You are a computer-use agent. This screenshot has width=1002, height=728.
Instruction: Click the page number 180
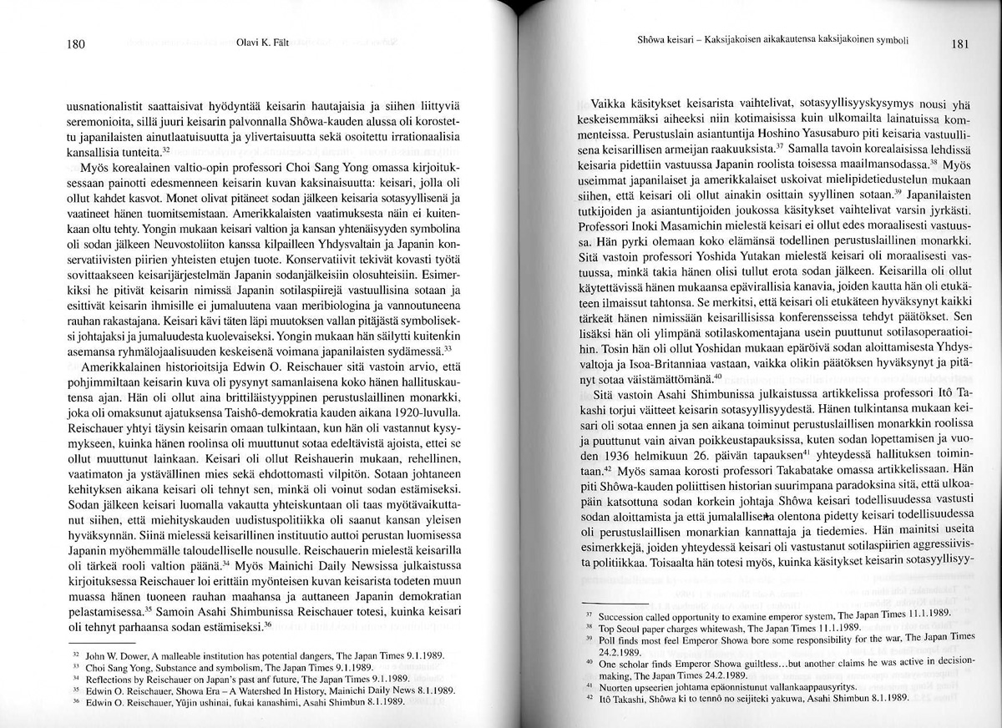click(x=75, y=45)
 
